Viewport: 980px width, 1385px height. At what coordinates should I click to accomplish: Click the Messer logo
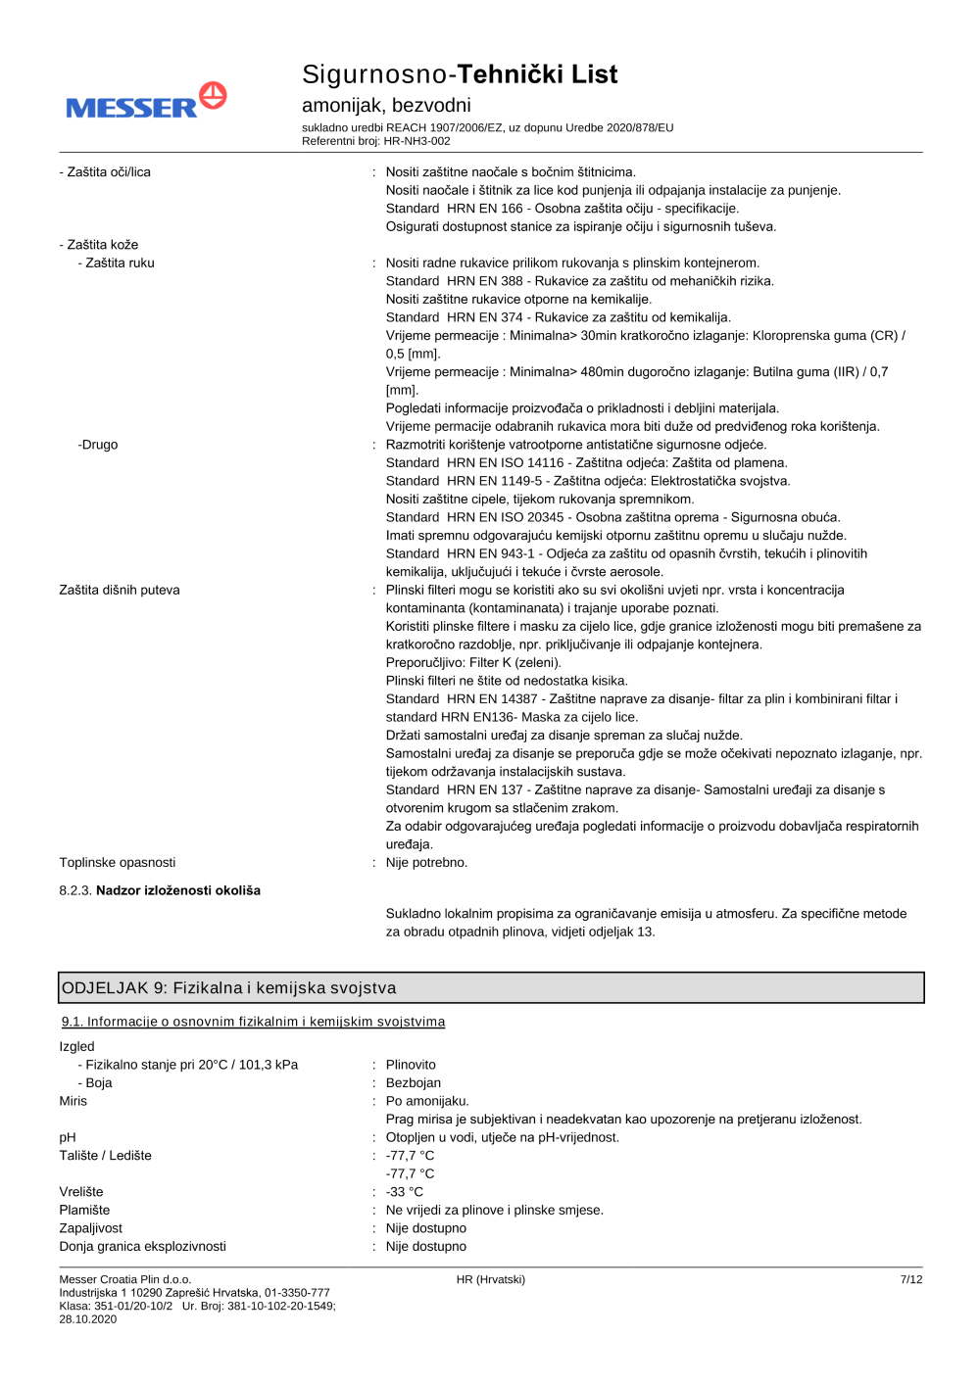click(x=146, y=102)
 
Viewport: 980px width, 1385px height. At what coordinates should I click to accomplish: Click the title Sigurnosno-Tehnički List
click(x=460, y=74)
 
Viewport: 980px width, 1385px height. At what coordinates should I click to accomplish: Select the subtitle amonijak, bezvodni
click(x=386, y=105)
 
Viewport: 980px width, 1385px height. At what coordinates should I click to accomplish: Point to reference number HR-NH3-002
click(x=416, y=141)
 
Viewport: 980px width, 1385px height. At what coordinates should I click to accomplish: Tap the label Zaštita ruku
click(x=117, y=263)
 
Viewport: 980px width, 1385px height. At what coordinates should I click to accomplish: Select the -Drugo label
click(x=98, y=445)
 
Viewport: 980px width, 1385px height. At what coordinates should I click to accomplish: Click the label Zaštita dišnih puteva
click(x=120, y=591)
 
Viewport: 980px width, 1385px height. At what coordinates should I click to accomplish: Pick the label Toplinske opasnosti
click(x=118, y=863)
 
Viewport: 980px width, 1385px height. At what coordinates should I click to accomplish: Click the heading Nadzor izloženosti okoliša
click(x=177, y=891)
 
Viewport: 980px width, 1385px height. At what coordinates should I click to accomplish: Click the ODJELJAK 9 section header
click(x=228, y=988)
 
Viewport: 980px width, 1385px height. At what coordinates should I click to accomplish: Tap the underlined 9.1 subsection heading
click(x=253, y=1023)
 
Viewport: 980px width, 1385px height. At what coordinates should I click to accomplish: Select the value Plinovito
click(x=411, y=1066)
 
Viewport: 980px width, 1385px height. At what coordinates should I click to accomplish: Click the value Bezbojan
click(x=414, y=1083)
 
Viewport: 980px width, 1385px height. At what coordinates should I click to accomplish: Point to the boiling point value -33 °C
click(x=405, y=1192)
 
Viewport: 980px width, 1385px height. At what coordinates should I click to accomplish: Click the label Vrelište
click(x=81, y=1192)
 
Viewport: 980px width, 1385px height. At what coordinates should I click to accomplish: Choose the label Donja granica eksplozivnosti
click(x=142, y=1247)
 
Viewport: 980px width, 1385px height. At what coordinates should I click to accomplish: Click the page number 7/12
click(x=911, y=1280)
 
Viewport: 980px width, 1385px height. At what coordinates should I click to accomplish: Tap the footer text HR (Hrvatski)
click(x=491, y=1280)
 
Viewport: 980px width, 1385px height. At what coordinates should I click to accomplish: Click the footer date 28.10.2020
click(x=88, y=1319)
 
